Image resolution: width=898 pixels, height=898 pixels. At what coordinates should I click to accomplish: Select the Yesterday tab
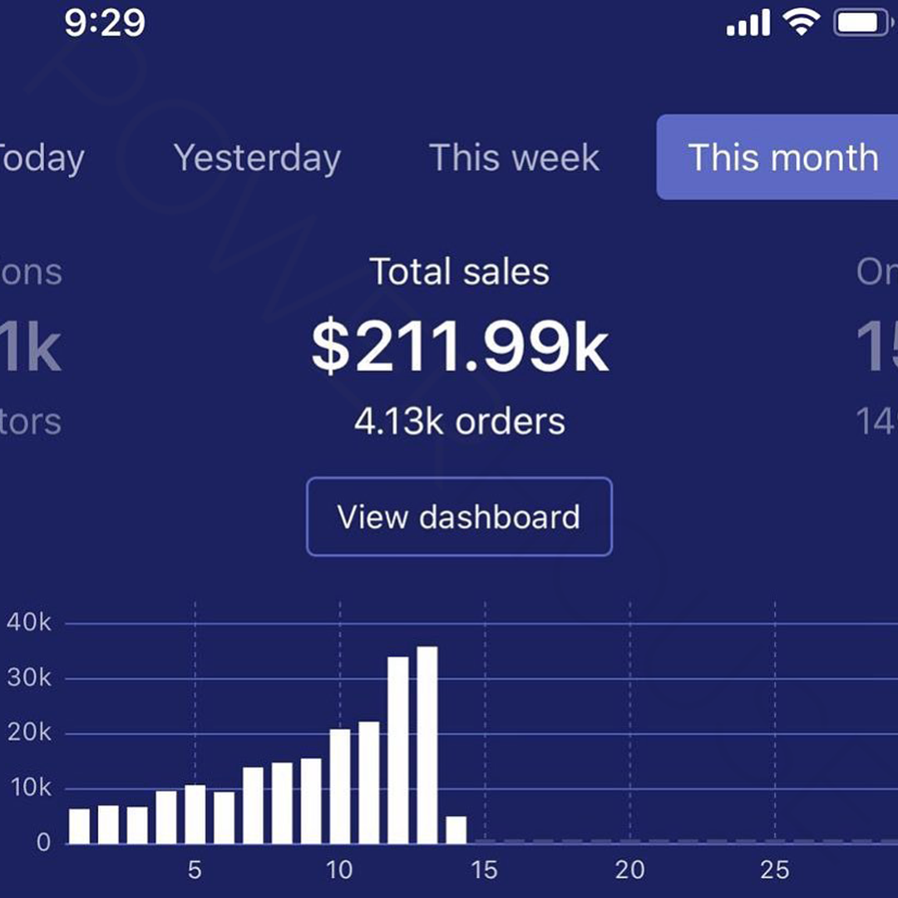257,158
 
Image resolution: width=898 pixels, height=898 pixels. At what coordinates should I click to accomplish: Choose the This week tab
514,158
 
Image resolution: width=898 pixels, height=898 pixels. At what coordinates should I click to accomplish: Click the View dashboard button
459,516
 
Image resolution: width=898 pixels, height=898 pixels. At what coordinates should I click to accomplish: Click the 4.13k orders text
460,422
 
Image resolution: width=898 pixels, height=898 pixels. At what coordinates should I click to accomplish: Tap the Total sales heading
460,272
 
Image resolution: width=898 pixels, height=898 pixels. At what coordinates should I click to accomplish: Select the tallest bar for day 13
427,745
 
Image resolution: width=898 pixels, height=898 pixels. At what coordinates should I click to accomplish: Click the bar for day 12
398,750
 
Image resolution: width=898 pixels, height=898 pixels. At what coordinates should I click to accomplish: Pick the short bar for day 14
456,830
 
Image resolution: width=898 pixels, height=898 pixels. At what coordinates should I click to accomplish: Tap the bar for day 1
79,826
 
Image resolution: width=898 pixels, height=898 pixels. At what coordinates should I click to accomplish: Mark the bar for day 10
340,786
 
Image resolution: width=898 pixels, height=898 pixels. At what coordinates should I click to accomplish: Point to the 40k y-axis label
29,624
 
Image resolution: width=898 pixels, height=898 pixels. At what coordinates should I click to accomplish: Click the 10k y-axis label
29,788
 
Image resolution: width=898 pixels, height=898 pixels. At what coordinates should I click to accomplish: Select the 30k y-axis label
29,678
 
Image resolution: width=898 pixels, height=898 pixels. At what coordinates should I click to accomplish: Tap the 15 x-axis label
484,871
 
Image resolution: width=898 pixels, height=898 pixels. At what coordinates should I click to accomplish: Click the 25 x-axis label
774,871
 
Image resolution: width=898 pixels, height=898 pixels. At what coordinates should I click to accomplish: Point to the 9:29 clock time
105,23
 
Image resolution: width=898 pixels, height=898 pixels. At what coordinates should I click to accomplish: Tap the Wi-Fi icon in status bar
802,23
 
